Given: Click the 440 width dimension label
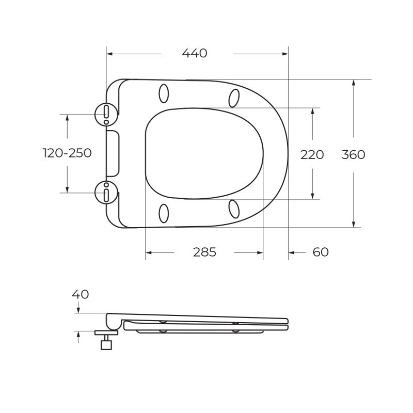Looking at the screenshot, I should click(195, 53).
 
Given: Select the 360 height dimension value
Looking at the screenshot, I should click(353, 154).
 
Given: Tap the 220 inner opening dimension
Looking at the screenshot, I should click(312, 154).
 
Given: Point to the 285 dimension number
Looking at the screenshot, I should click(204, 252).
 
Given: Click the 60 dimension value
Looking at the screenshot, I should click(321, 252).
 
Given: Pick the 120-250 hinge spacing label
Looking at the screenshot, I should click(67, 153).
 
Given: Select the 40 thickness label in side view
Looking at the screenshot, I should click(80, 294).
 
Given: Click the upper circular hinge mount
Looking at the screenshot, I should click(106, 114).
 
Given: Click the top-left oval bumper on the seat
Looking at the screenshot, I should click(164, 93).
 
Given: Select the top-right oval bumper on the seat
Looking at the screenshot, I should click(234, 98).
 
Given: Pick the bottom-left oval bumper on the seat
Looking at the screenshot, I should click(164, 213).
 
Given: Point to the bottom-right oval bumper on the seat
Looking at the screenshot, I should click(234, 209).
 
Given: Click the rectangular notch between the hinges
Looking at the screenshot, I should click(113, 153).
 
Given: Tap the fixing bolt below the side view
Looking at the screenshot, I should click(106, 341).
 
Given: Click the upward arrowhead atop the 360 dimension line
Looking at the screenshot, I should click(353, 83).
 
